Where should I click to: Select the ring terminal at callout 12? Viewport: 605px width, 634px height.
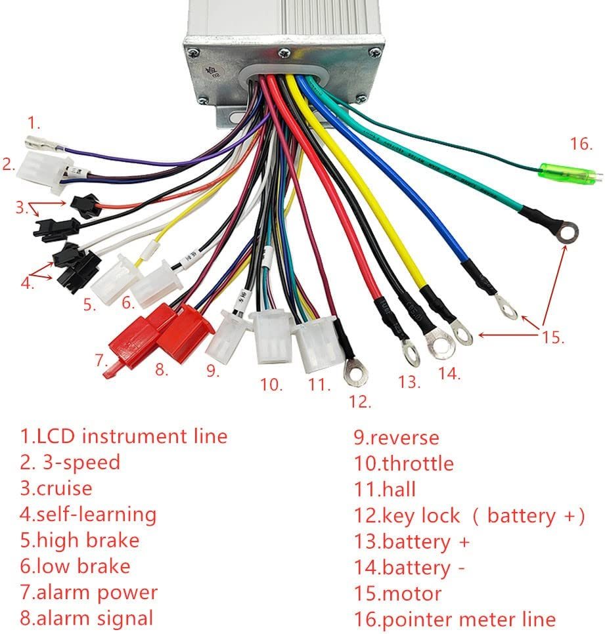click(x=355, y=374)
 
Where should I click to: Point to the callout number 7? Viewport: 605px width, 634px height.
click(x=100, y=360)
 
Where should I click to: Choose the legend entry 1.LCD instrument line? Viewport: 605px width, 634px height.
click(x=123, y=436)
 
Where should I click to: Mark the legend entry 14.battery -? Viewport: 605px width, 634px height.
click(x=409, y=567)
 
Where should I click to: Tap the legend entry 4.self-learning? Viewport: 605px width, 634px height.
click(x=88, y=514)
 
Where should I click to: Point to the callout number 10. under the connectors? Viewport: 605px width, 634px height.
click(x=271, y=385)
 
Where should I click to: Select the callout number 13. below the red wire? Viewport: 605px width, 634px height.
click(x=409, y=382)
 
